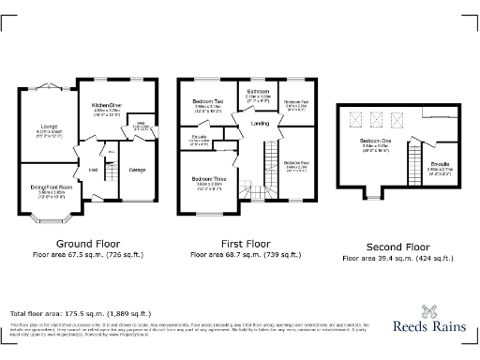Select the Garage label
pyautogui.click(x=137, y=169)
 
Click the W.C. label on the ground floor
pyautogui.click(x=111, y=151)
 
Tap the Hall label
pyautogui.click(x=94, y=169)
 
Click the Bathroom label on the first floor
pyautogui.click(x=258, y=91)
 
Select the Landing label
pyautogui.click(x=262, y=123)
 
